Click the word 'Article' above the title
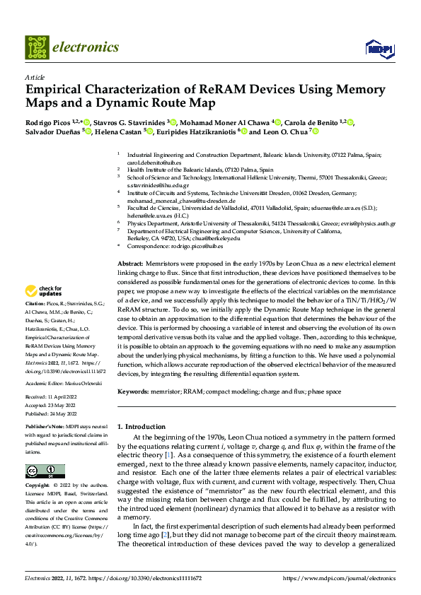[x=35, y=77]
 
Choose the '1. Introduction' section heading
[x=141, y=427]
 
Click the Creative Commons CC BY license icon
[x=45, y=471]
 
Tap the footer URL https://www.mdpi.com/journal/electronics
[x=339, y=577]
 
